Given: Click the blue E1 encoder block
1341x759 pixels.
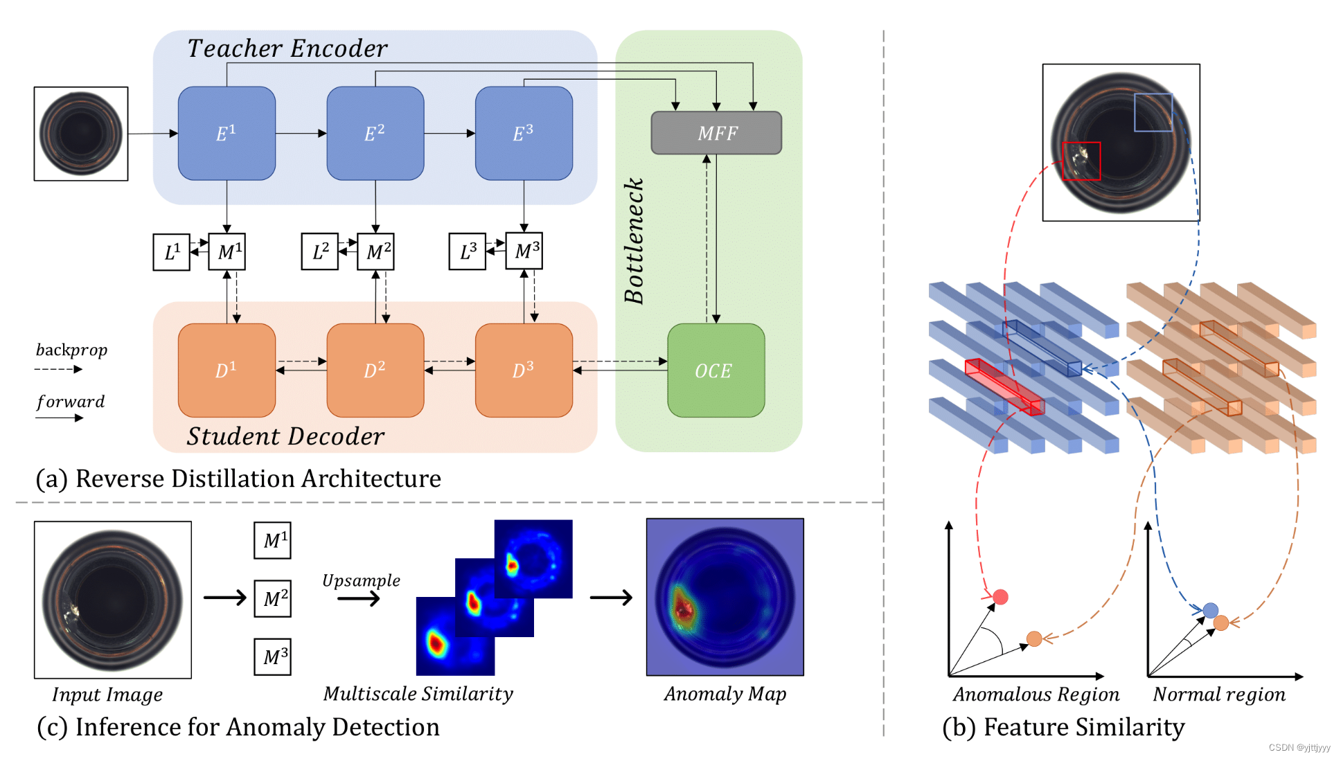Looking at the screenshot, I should [227, 133].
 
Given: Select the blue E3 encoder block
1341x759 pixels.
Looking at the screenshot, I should [524, 133].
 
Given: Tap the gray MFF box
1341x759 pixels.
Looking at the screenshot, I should [716, 133].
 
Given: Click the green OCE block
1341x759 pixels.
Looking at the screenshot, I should [716, 370].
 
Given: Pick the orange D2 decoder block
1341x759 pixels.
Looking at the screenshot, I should [375, 370].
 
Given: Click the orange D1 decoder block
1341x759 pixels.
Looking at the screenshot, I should [227, 370].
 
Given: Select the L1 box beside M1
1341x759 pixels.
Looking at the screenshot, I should [171, 252].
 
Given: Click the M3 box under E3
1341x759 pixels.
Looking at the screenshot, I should [524, 251].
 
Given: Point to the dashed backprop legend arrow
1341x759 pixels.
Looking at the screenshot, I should [58, 369].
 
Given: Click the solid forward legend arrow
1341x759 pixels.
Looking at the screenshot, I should [59, 418].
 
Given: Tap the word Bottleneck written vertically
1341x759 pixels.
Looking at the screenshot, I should [634, 241].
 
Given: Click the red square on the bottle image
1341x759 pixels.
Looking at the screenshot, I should [1081, 161].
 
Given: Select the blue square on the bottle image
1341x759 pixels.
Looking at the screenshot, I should [1153, 112].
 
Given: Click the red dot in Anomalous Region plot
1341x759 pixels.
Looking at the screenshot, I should [1000, 597].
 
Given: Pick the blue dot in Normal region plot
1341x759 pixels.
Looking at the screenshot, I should [1210, 610].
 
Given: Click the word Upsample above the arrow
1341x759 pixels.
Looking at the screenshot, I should [361, 580].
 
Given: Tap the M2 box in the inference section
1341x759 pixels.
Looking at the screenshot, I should [272, 598].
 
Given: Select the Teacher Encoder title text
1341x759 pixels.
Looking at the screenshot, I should [287, 48].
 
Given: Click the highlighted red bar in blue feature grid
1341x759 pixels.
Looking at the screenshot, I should [1004, 386].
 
